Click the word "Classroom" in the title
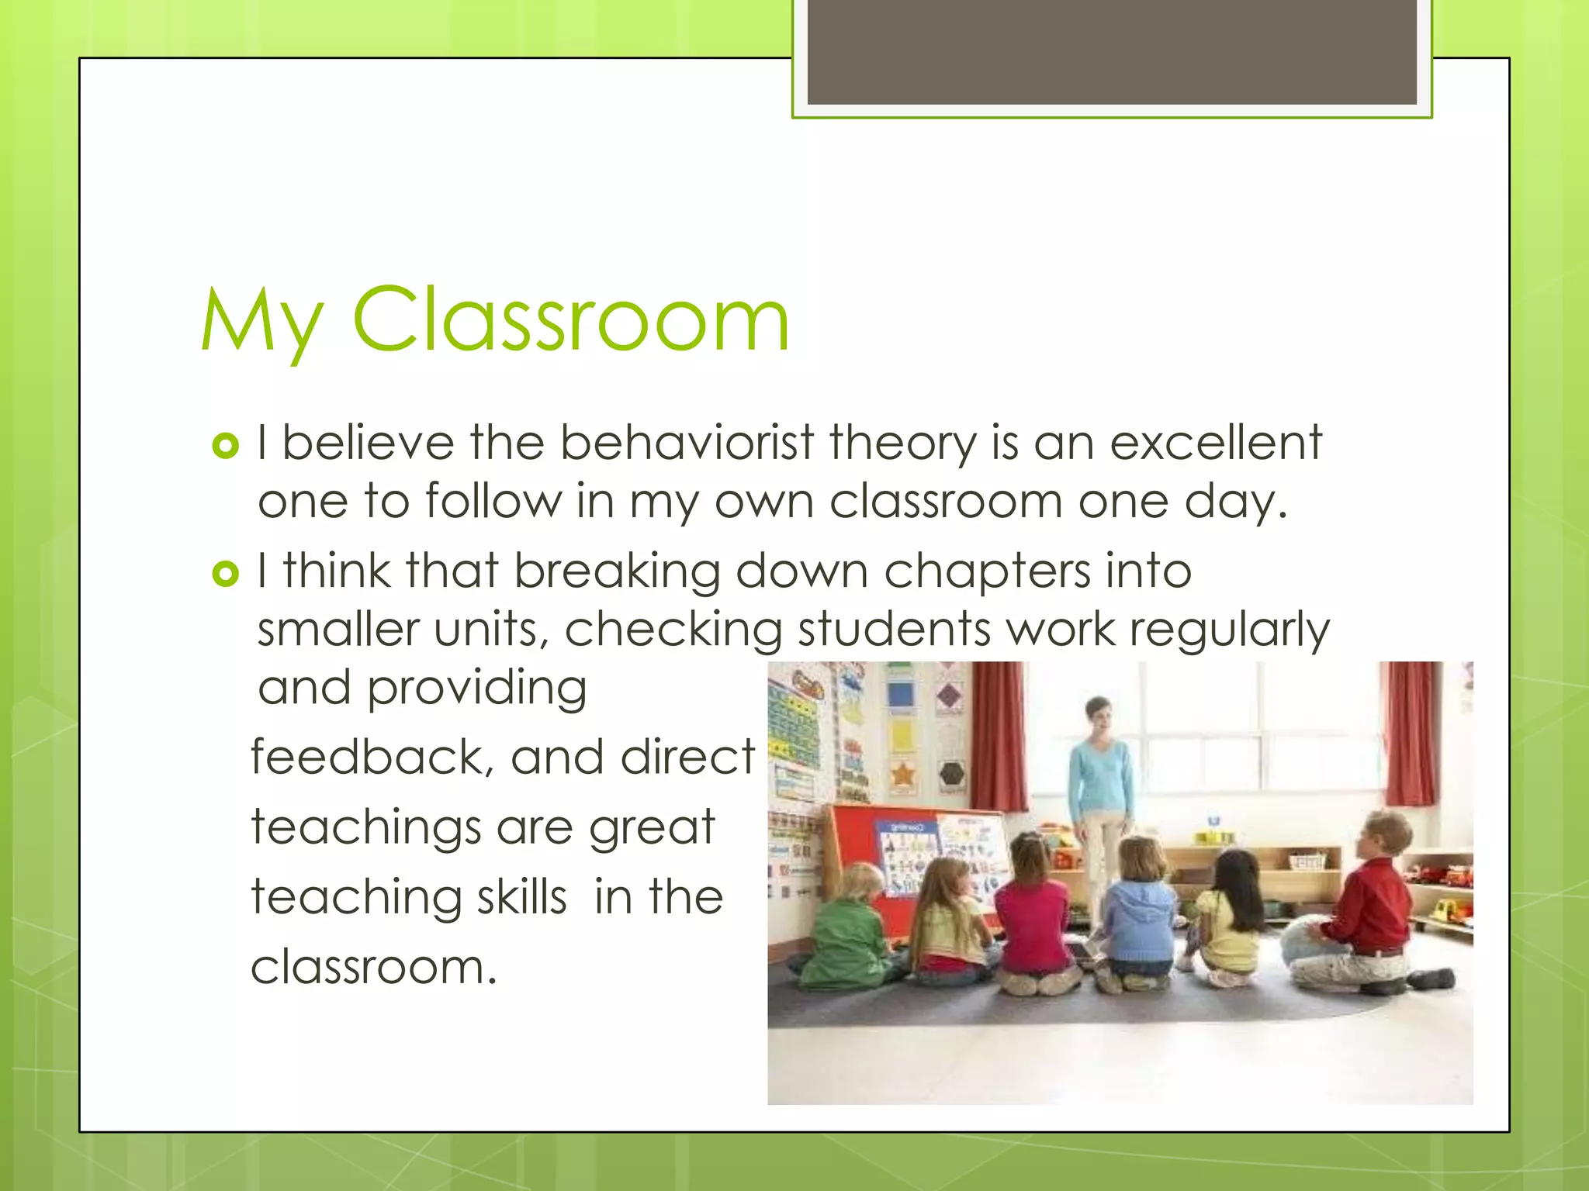571,320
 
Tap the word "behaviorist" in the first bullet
687,444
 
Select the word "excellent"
1216,444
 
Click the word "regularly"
1230,630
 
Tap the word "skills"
522,897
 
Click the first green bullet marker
225,446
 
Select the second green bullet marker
225,574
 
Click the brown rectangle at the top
1111,51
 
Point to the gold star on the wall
902,774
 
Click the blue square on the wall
900,693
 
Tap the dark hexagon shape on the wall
951,773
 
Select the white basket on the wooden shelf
1307,861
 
